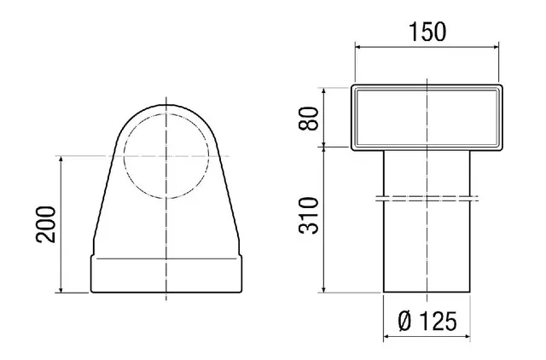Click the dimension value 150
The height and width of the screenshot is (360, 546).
tap(427, 32)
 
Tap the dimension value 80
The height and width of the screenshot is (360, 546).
tap(309, 119)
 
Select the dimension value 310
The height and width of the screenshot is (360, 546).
tap(309, 216)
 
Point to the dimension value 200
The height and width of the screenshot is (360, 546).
tap(45, 224)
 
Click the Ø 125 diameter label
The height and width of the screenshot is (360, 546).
tap(427, 321)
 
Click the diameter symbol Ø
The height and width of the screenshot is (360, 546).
tap(404, 321)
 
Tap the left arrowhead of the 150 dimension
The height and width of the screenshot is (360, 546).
tap(359, 48)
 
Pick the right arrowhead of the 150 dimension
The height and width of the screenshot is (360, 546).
tap(495, 48)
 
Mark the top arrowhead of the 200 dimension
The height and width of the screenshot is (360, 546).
tap(61, 160)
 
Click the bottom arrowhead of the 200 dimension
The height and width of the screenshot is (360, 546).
tap(61, 288)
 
